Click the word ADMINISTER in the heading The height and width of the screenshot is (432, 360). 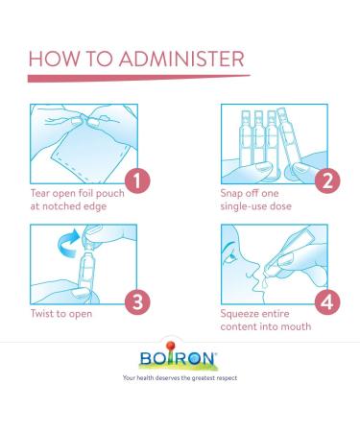coord(181,59)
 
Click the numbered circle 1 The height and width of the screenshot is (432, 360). coord(137,180)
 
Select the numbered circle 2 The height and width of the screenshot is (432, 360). coord(327,180)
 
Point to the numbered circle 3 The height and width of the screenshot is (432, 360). coord(137,301)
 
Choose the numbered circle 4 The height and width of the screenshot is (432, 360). coord(327,301)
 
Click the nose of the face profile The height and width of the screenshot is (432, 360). coord(253,270)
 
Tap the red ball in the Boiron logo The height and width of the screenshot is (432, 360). coord(171,346)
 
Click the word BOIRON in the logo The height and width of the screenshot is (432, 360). coord(178,358)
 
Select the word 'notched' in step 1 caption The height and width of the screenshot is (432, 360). coord(60,206)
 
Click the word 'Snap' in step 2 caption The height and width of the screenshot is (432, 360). coord(231,194)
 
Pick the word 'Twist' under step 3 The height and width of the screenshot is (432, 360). coord(42,313)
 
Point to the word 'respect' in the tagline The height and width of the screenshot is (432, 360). coord(227,378)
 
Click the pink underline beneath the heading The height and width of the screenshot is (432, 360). coord(138,78)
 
